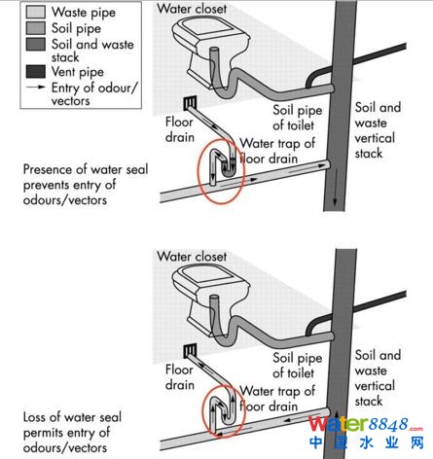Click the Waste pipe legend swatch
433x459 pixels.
pyautogui.click(x=35, y=12)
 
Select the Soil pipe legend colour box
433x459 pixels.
pyautogui.click(x=35, y=28)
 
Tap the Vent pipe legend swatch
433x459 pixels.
pyautogui.click(x=35, y=72)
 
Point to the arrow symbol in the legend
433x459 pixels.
pyautogui.click(x=36, y=88)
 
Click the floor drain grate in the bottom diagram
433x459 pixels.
pyautogui.click(x=190, y=350)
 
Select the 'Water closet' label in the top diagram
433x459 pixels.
pyautogui.click(x=192, y=9)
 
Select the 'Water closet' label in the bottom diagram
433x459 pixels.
pyautogui.click(x=192, y=257)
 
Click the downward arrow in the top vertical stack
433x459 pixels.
pyautogui.click(x=335, y=187)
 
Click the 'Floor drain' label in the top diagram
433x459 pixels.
pyautogui.click(x=179, y=129)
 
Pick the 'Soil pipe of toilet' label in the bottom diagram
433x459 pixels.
pyautogui.click(x=298, y=365)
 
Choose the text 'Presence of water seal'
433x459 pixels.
pyautogui.click(x=86, y=169)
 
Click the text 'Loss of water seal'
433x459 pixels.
pyautogui.click(x=72, y=417)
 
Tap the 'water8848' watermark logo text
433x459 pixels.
pyautogui.click(x=365, y=424)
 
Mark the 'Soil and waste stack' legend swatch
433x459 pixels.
pyautogui.click(x=35, y=44)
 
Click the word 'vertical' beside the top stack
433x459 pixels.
pyautogui.click(x=375, y=138)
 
